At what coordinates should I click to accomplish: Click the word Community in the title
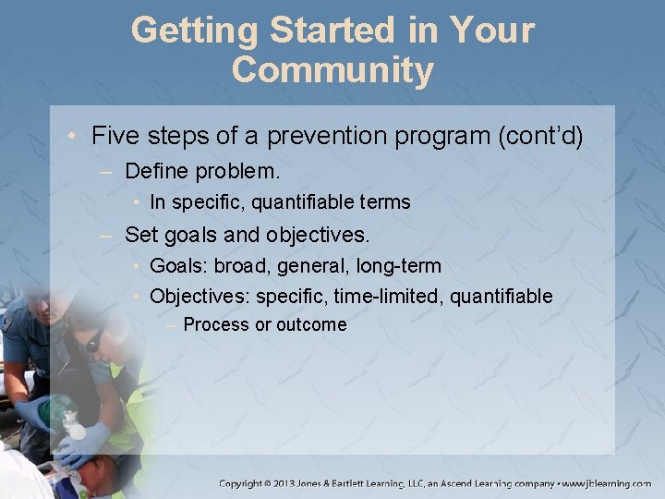[x=332, y=70]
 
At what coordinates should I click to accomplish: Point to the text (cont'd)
[x=539, y=136]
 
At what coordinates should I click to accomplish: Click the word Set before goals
[x=140, y=234]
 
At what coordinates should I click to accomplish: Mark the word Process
[x=216, y=324]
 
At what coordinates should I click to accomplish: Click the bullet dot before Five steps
[x=73, y=137]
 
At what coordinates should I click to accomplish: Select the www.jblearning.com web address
[x=609, y=483]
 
